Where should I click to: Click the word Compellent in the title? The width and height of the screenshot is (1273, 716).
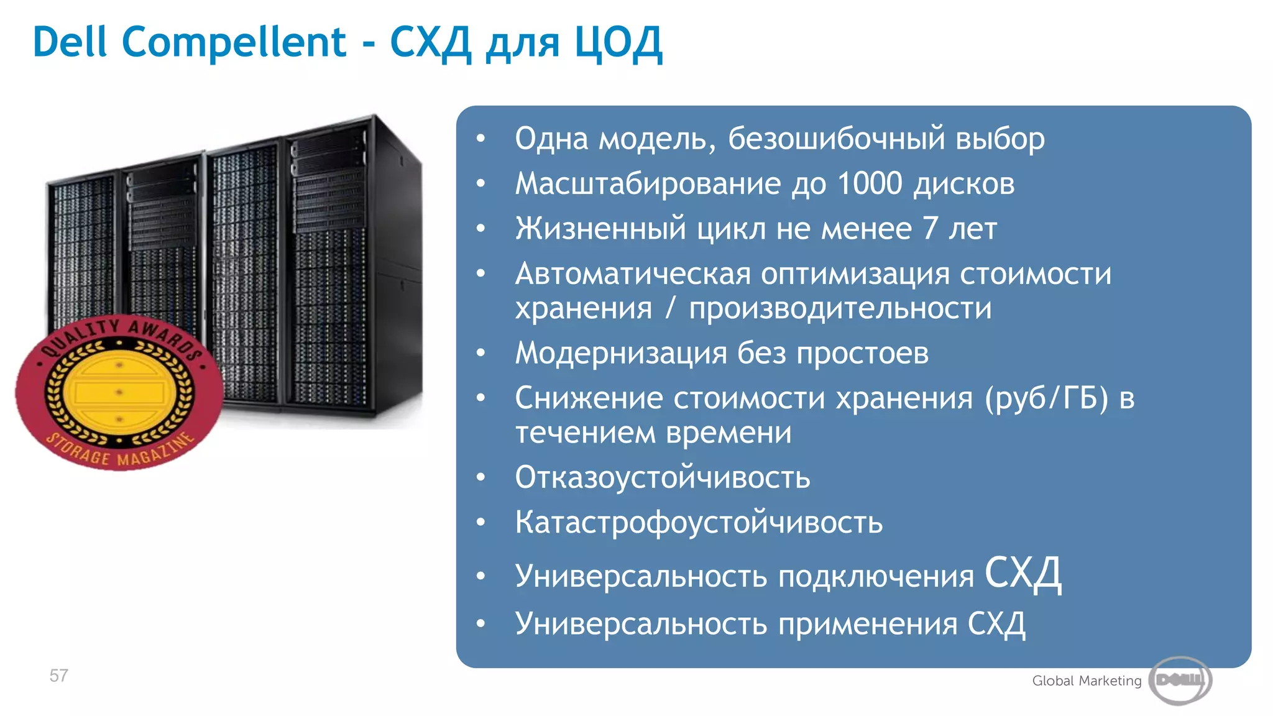pos(234,42)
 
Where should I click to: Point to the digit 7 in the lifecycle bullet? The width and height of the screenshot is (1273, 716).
pos(930,228)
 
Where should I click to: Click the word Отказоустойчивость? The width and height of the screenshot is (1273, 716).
pos(663,477)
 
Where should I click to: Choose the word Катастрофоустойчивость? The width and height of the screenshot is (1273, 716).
pos(699,522)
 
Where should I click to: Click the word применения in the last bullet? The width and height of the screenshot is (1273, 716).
pos(868,623)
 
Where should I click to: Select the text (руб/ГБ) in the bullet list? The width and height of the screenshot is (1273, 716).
pos(1047,398)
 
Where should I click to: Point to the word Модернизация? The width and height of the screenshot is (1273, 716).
pos(621,353)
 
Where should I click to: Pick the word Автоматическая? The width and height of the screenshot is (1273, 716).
pos(633,274)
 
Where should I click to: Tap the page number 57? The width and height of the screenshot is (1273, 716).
pos(58,676)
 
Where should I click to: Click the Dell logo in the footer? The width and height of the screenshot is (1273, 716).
pos(1180,680)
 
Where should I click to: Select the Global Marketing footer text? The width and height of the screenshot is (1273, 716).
pos(1087,681)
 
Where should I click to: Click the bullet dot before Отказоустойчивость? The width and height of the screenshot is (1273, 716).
pos(480,477)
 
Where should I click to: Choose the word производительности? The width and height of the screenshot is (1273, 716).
pos(840,308)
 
